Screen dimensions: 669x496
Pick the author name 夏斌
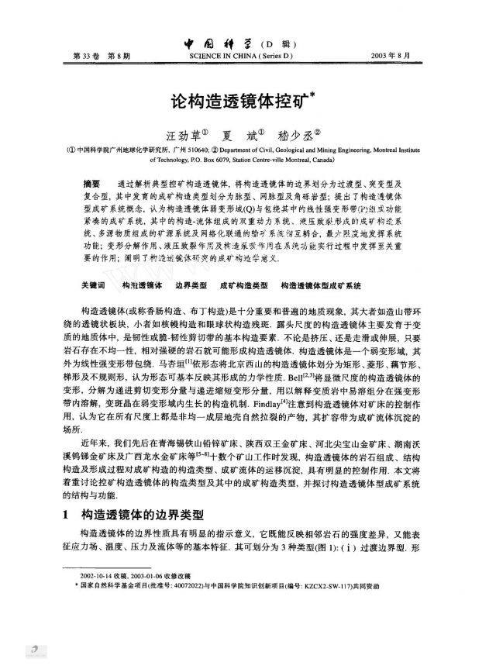pyautogui.click(x=243, y=133)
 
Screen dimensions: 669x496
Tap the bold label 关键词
pyautogui.click(x=94, y=285)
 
